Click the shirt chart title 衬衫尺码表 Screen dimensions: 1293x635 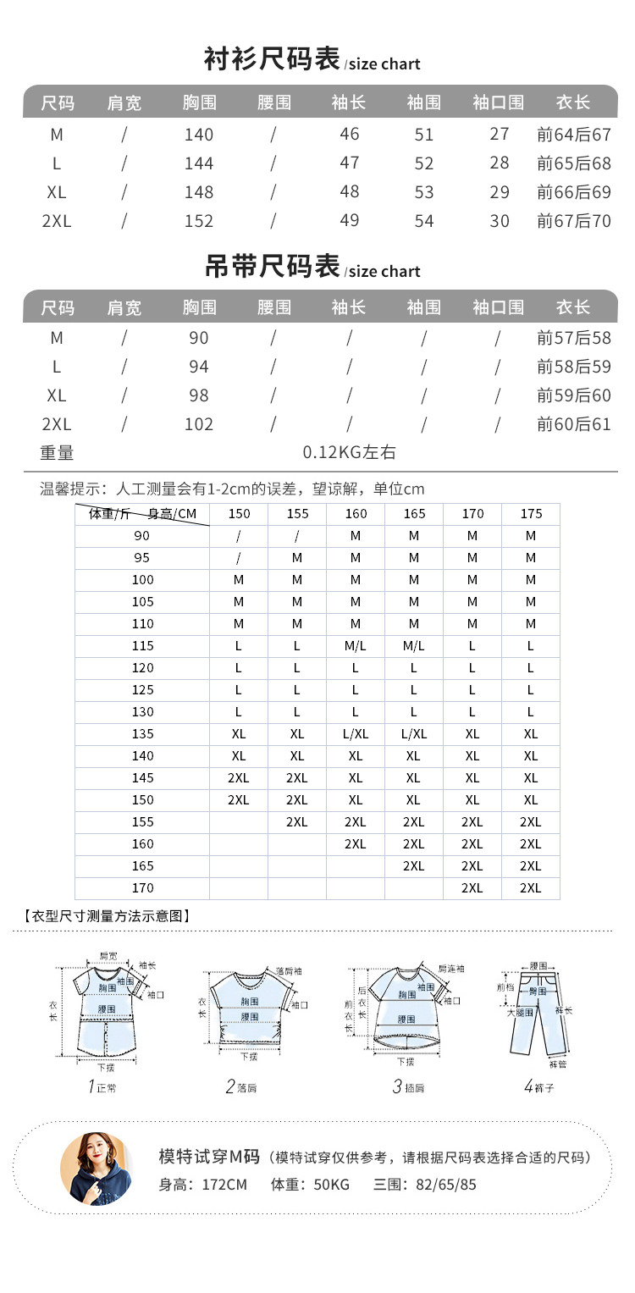272,60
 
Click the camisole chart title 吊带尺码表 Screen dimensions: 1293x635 272,267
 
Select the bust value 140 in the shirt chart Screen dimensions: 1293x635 199,135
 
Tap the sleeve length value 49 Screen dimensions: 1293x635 349,220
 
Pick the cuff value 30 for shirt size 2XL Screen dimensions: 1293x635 500,221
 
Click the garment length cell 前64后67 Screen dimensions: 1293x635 574,135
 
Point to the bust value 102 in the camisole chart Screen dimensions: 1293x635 199,423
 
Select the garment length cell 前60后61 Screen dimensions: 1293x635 574,423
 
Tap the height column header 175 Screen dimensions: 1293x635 531,514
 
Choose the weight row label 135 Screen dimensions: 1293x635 143,734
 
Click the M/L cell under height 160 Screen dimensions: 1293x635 356,646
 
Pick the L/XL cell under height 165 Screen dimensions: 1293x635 414,734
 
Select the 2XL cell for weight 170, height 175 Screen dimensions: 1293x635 531,887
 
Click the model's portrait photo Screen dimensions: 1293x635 96,1168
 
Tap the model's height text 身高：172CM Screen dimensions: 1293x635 203,1185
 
